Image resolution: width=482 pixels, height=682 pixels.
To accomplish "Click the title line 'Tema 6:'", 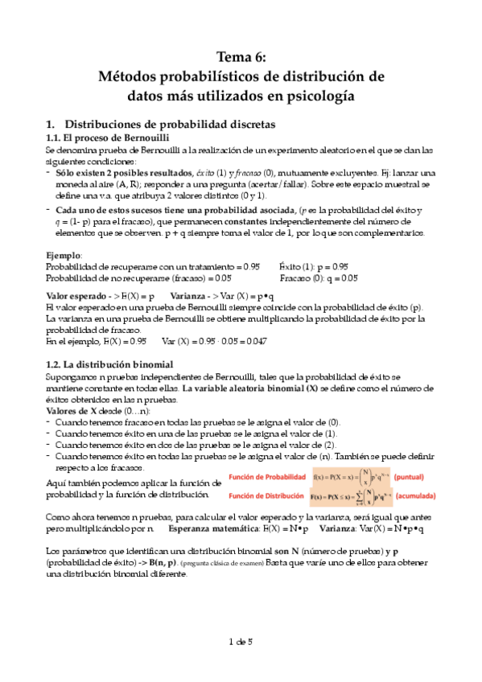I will point(241,56).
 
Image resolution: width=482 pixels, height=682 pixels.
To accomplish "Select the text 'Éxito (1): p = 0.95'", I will point(314,265).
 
